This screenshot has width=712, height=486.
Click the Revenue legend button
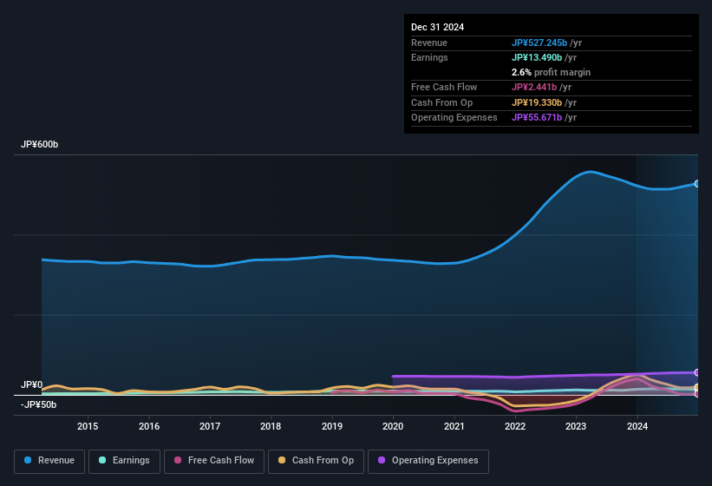pyautogui.click(x=49, y=461)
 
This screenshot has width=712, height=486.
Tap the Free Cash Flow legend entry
pyautogui.click(x=214, y=461)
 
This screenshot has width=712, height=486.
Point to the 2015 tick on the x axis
pyautogui.click(x=88, y=426)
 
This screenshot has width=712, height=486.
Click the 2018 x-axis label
pyautogui.click(x=271, y=426)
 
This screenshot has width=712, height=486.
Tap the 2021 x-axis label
pyautogui.click(x=454, y=426)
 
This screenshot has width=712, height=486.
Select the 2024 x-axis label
pyautogui.click(x=637, y=426)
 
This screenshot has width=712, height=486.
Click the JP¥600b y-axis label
pyautogui.click(x=39, y=145)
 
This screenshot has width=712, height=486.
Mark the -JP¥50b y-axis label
pyautogui.click(x=39, y=404)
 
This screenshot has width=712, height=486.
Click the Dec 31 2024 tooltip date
pyautogui.click(x=437, y=27)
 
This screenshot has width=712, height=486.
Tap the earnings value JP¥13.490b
pyautogui.click(x=539, y=57)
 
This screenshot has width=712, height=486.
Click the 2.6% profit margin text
pyautogui.click(x=551, y=72)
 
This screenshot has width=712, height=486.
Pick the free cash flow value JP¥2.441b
pyautogui.click(x=535, y=87)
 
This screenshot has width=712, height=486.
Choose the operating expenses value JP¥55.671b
pyautogui.click(x=539, y=117)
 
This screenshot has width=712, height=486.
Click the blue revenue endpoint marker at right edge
pyautogui.click(x=697, y=184)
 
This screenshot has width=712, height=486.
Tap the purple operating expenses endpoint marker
pyautogui.click(x=697, y=372)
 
